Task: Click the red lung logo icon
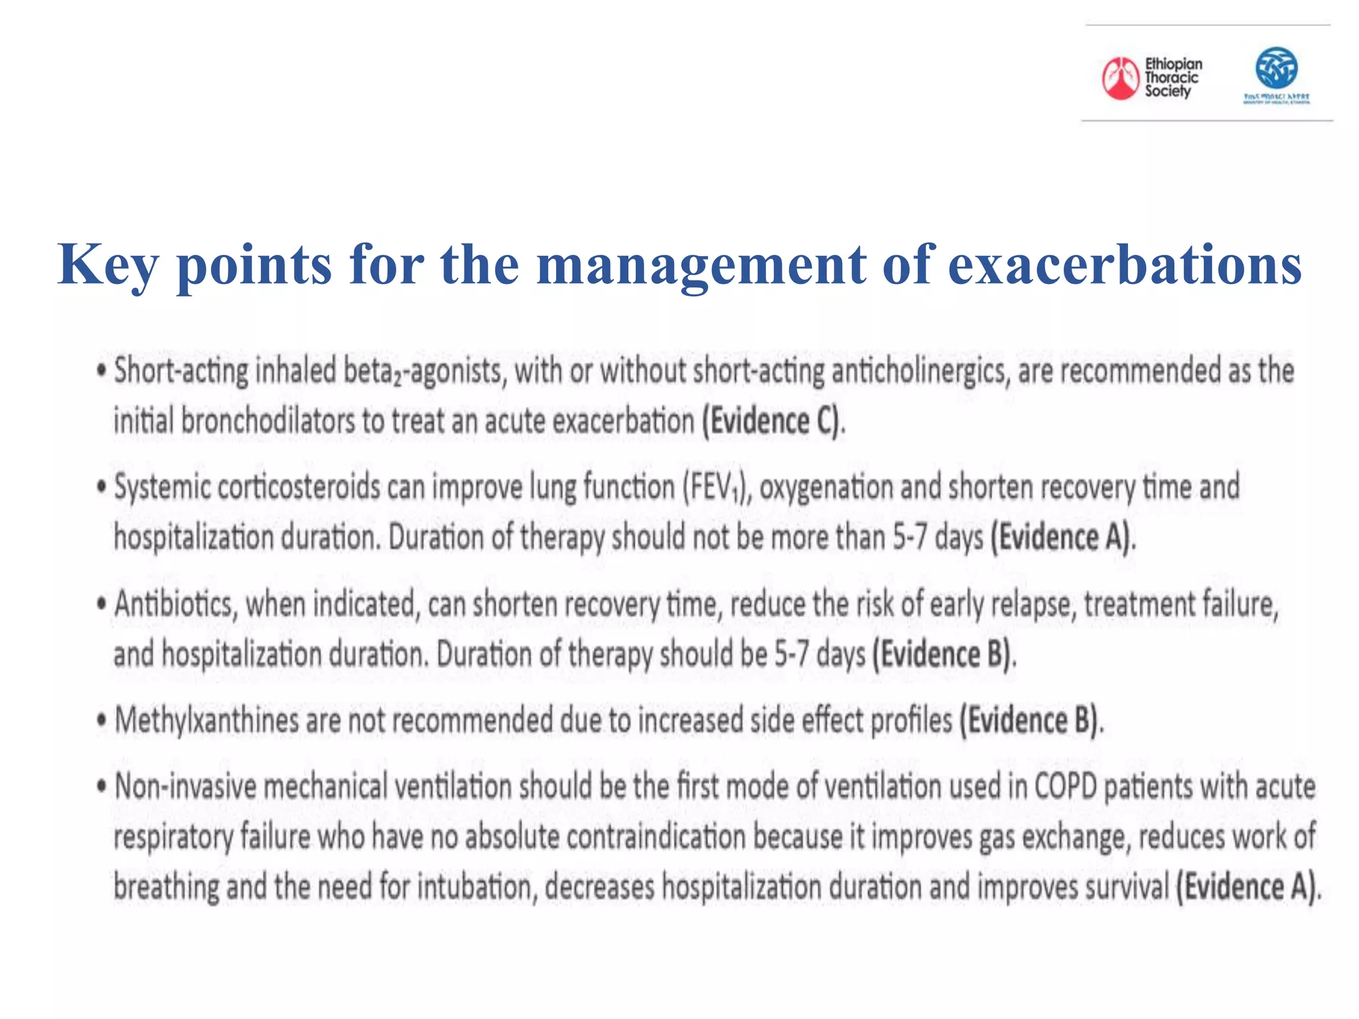click(1120, 78)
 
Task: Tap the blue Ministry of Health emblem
click(1276, 68)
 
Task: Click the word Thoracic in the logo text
click(1172, 78)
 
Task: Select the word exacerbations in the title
click(1125, 265)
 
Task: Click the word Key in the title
click(108, 265)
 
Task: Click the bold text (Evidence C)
click(774, 421)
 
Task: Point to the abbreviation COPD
click(1066, 787)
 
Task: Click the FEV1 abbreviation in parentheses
click(717, 488)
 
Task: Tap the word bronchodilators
click(268, 421)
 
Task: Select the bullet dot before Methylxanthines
click(102, 721)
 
